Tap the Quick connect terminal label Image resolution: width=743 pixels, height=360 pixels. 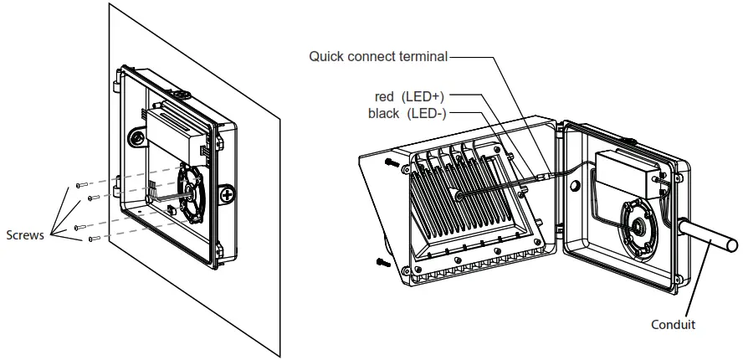(x=378, y=57)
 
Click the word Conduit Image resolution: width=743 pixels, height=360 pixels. (x=674, y=324)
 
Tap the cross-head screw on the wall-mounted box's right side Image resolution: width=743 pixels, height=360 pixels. (x=227, y=195)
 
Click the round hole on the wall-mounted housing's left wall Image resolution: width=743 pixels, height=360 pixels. (x=133, y=136)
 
